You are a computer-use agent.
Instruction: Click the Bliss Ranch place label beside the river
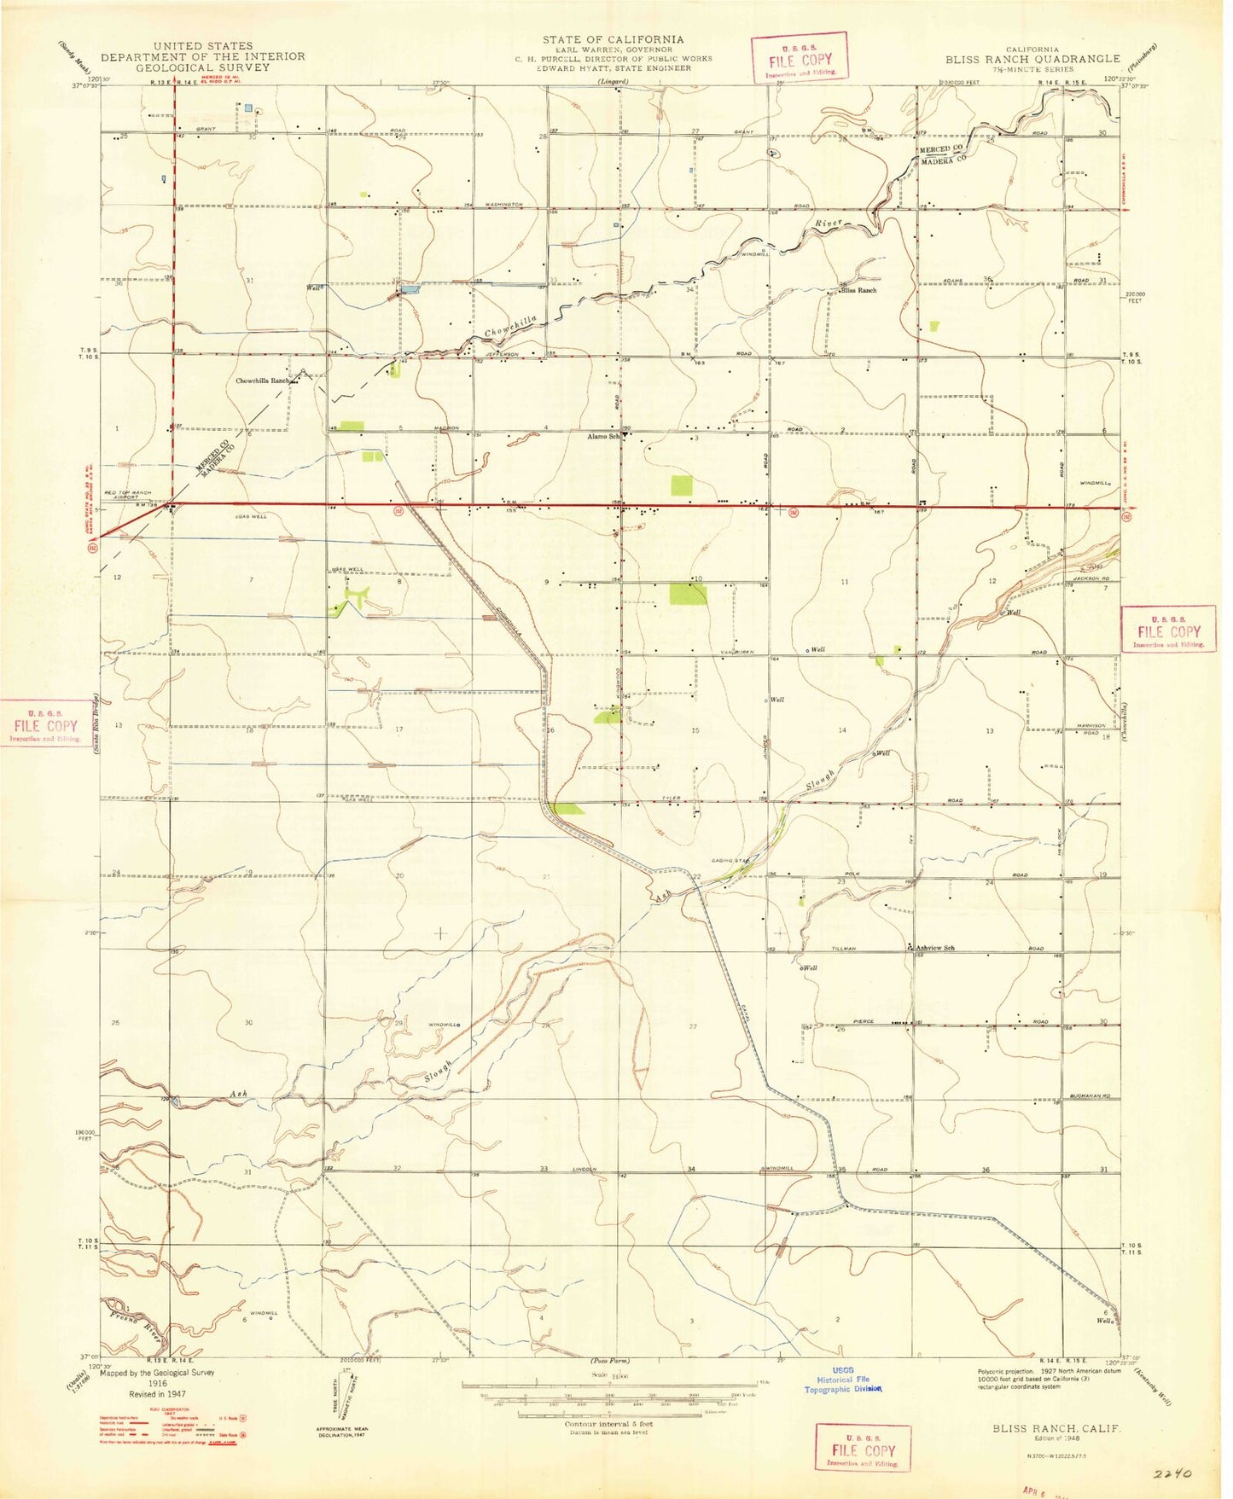click(858, 290)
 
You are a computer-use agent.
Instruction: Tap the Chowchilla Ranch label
click(264, 381)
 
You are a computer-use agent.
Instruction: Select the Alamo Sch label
click(602, 436)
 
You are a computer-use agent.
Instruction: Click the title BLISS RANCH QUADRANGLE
click(1032, 59)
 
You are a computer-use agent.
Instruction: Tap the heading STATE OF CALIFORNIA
click(613, 39)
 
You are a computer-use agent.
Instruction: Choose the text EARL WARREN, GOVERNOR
click(613, 49)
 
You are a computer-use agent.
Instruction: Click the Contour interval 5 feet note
click(608, 1424)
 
